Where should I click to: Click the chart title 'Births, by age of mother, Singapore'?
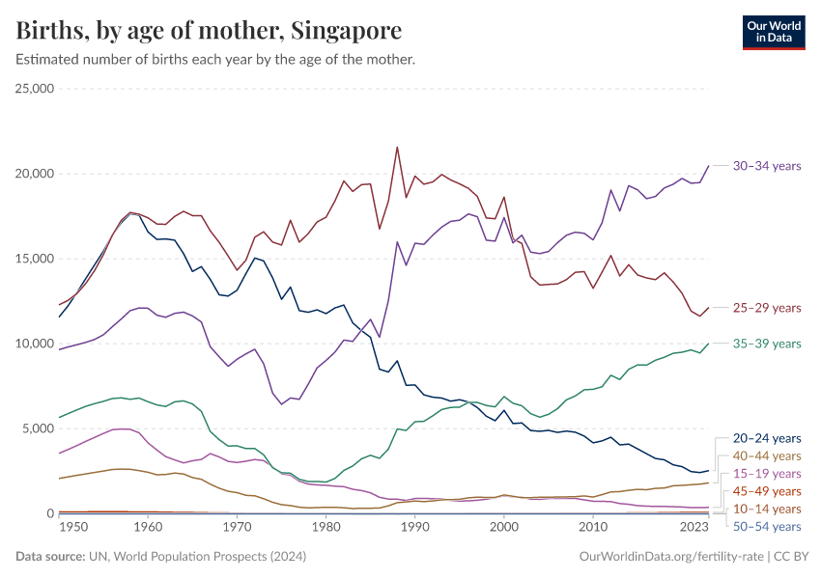click(209, 31)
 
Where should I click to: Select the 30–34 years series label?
click(767, 166)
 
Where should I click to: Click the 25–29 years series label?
click(767, 308)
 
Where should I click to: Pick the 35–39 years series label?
click(767, 344)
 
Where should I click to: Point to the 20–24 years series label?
click(767, 438)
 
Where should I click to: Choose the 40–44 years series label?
click(767, 455)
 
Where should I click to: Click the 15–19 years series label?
click(767, 474)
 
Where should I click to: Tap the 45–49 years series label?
click(767, 491)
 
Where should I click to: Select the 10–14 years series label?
click(767, 509)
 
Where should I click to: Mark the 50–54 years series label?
click(767, 526)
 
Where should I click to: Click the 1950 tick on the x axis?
click(59, 528)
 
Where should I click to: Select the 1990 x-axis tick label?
click(414, 528)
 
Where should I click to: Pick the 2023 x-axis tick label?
click(694, 528)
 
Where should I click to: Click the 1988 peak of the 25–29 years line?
click(397, 148)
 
